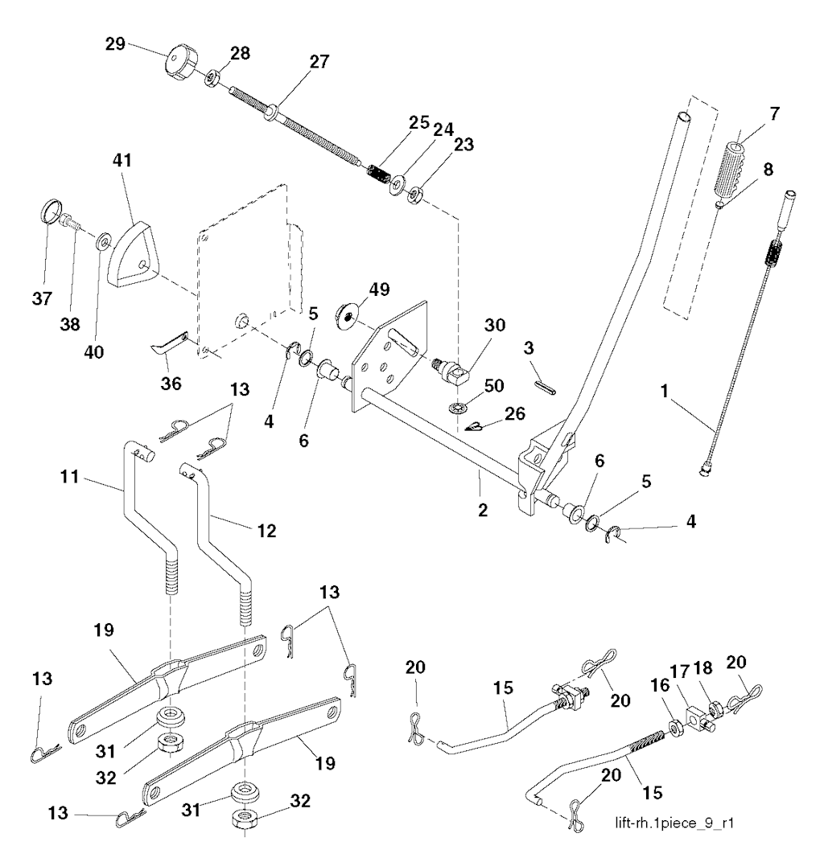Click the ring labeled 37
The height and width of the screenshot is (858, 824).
click(x=50, y=215)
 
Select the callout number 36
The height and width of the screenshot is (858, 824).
click(x=169, y=383)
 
